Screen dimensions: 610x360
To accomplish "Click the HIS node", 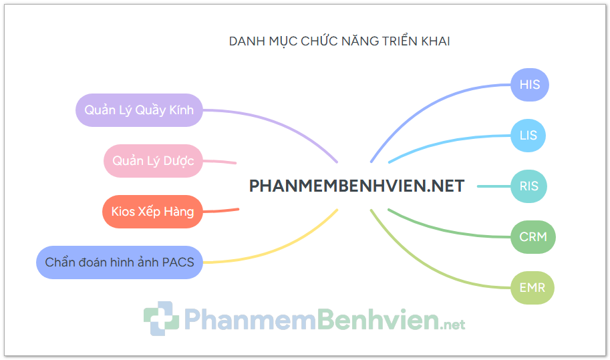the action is pos(530,85).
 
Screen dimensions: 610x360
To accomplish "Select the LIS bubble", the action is pos(528,136).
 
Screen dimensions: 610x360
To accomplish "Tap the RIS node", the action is pos(528,186).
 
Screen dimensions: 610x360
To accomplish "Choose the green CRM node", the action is pos(533,237).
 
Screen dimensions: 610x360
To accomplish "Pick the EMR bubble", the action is pos(532,288).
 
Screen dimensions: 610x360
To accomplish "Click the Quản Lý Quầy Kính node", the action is pos(139,110).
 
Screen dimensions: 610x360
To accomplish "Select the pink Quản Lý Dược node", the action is pos(153,161).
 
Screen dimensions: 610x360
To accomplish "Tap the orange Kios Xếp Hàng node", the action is pos(152,212).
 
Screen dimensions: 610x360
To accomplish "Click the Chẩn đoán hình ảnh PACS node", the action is pos(120,262).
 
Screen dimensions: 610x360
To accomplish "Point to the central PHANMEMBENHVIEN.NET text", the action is pos(357,186).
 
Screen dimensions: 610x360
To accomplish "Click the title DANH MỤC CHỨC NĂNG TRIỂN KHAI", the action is pos(339,41).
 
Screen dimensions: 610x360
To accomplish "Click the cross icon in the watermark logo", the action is pos(161,319).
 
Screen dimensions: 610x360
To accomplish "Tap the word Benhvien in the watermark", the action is pos(377,319).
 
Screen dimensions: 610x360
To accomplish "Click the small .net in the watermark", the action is pos(452,324).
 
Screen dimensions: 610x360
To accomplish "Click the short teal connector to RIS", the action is pos(494,186).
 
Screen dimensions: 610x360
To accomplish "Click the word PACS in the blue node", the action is pos(178,262).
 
